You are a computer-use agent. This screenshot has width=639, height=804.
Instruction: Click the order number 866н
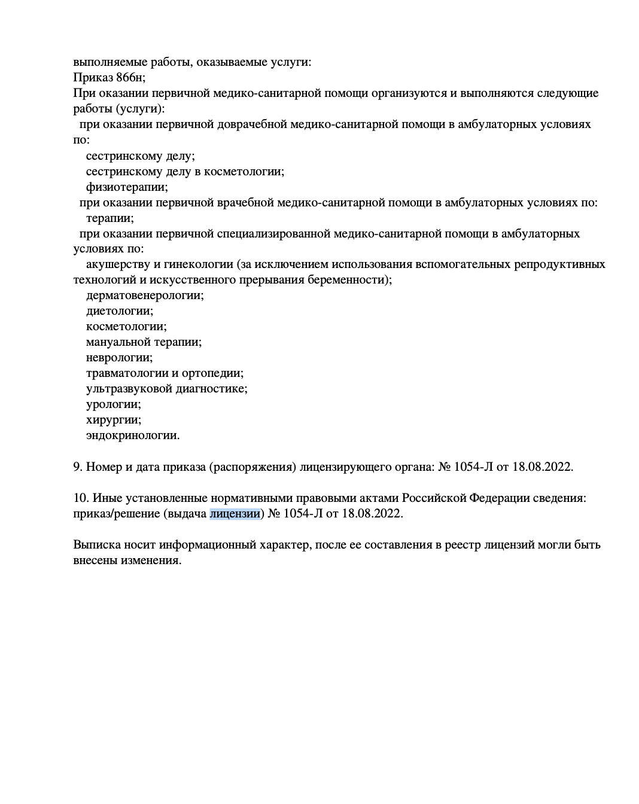pyautogui.click(x=130, y=77)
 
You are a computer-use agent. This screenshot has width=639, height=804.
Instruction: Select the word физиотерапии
pyautogui.click(x=126, y=187)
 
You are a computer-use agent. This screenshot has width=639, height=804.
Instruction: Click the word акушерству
pyautogui.click(x=118, y=264)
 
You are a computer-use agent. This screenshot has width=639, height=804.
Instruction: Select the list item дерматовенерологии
pyautogui.click(x=144, y=296)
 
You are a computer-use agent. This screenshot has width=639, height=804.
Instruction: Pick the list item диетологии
pyautogui.click(x=119, y=311)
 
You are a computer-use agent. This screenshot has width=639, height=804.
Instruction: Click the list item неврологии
pyautogui.click(x=119, y=358)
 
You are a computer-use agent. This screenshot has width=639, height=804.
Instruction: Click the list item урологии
pyautogui.click(x=113, y=404)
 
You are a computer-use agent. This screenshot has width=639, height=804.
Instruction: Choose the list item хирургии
pyautogui.click(x=113, y=420)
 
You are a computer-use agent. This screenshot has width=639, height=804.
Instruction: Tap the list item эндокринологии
pyautogui.click(x=132, y=435)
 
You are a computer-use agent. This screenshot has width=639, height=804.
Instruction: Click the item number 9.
pyautogui.click(x=77, y=467)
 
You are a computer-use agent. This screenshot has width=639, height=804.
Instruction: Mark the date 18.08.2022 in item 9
pyautogui.click(x=542, y=467)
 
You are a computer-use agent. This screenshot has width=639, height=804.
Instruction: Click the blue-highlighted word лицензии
pyautogui.click(x=235, y=513)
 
